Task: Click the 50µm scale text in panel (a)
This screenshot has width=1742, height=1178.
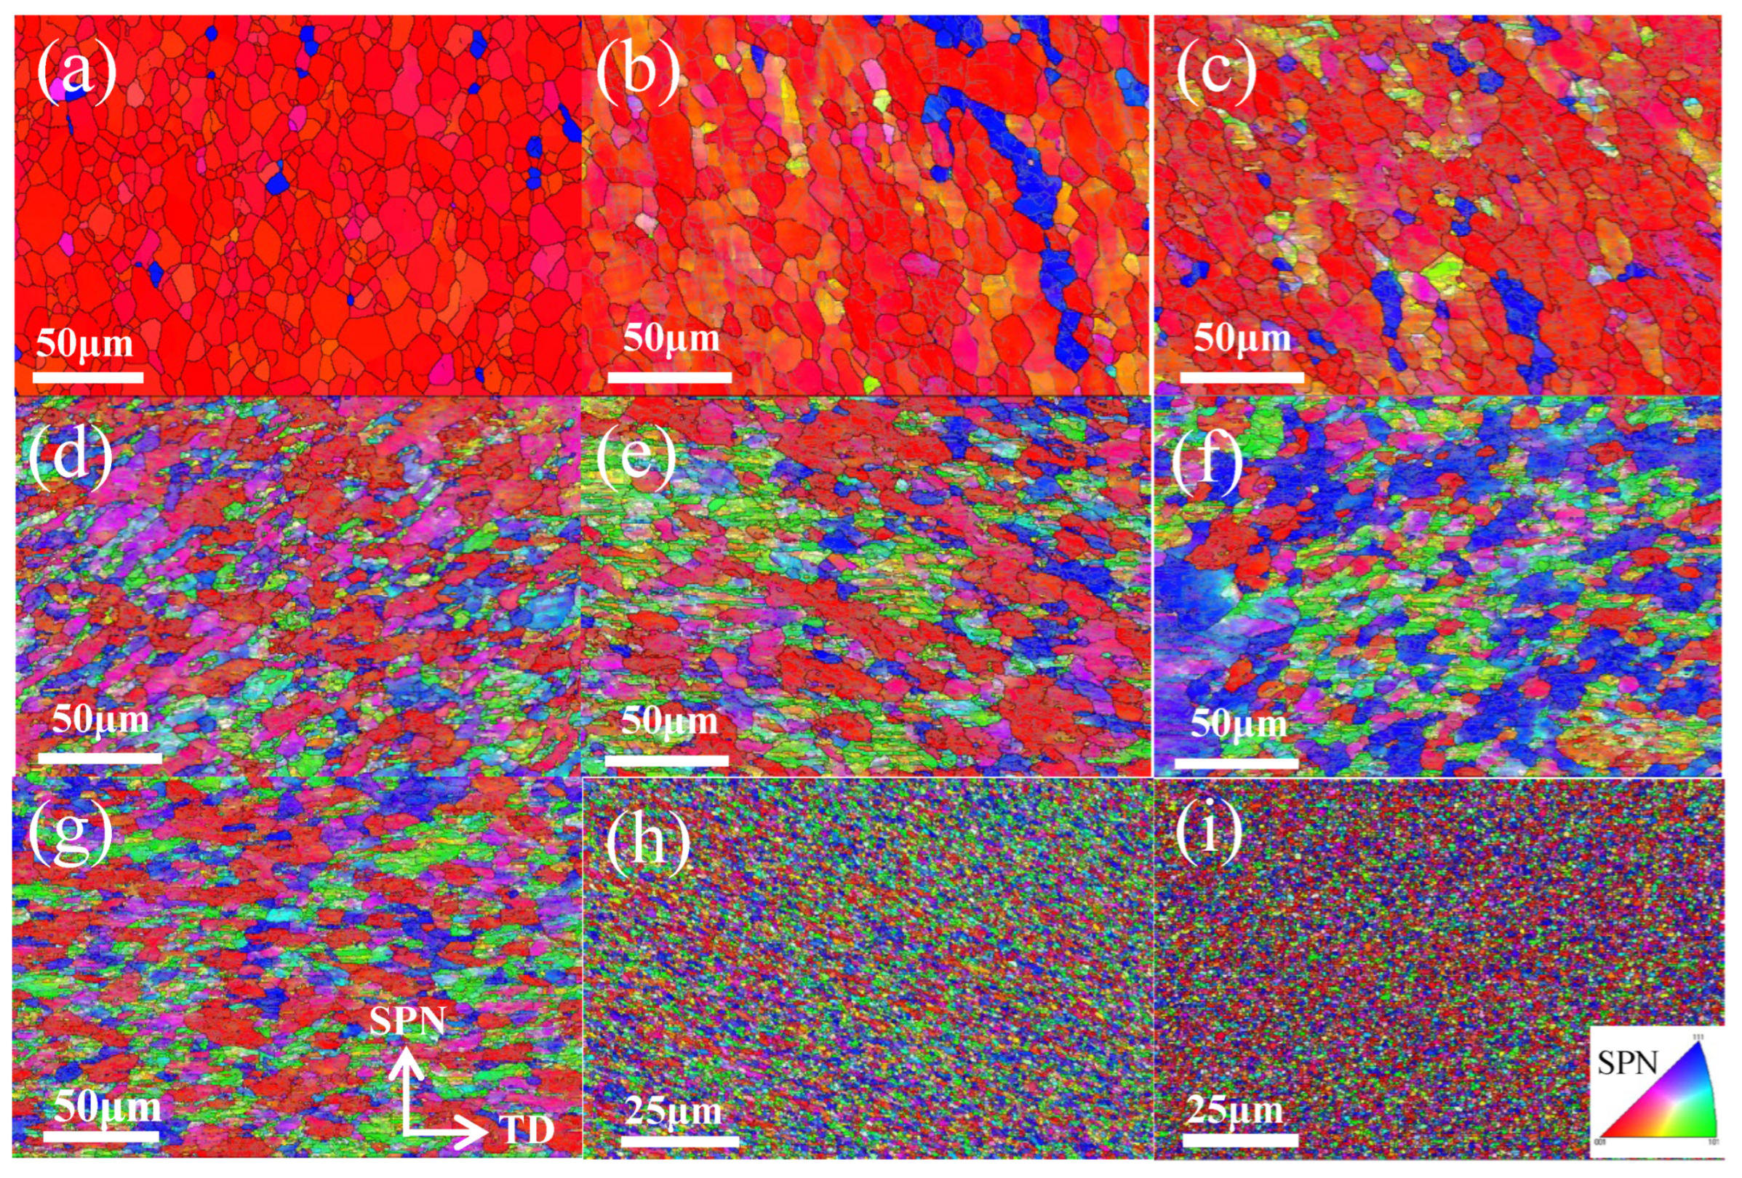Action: (84, 344)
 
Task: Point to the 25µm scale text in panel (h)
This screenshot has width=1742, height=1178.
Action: (673, 1110)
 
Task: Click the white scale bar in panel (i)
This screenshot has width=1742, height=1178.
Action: (1241, 1140)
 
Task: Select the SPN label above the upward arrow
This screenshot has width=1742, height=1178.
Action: (408, 1021)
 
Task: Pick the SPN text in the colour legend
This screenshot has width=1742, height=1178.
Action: (1626, 1062)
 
